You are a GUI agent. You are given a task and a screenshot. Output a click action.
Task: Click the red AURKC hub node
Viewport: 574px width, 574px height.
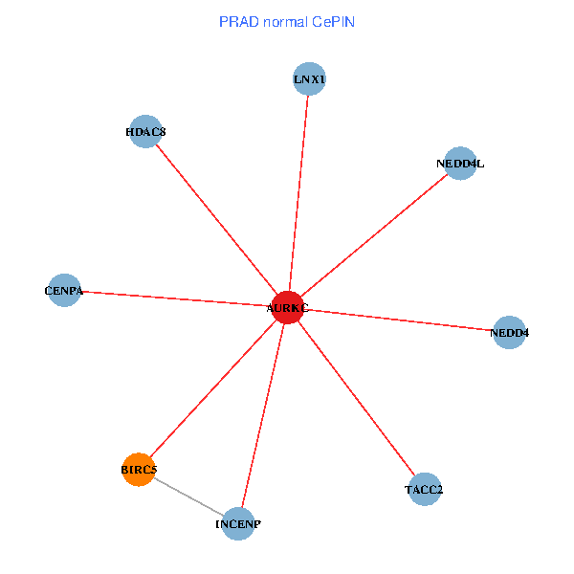tap(288, 307)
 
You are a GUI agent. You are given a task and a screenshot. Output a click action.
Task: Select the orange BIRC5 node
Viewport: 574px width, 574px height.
tap(139, 470)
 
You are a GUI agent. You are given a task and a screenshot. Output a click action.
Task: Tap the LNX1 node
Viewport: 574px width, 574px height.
tap(310, 79)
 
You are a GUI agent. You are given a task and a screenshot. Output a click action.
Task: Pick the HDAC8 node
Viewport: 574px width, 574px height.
tap(145, 131)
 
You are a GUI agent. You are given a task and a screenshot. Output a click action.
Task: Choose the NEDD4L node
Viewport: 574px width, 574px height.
tap(460, 164)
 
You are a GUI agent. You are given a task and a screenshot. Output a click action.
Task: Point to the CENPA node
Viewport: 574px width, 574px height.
tap(64, 290)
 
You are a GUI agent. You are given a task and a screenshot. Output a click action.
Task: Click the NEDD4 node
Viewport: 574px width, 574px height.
tap(509, 333)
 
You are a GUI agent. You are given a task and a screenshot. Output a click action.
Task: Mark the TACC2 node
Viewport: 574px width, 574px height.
tap(424, 490)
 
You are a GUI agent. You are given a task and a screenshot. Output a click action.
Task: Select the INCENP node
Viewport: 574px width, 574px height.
tap(238, 524)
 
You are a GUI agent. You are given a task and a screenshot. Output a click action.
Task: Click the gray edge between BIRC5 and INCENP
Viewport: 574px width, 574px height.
tap(188, 497)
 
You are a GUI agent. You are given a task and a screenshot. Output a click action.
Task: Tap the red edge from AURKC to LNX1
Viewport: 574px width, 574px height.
tap(298, 193)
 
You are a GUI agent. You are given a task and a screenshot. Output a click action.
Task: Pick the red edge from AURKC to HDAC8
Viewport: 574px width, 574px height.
tap(216, 219)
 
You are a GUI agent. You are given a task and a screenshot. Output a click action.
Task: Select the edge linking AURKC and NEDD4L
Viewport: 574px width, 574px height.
tap(374, 235)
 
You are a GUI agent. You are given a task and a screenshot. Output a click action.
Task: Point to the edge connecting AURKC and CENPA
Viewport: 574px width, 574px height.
tap(176, 298)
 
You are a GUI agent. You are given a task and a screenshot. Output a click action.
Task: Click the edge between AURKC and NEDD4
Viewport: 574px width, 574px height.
tap(398, 320)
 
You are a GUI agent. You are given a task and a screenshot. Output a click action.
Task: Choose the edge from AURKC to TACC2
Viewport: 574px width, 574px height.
tap(356, 398)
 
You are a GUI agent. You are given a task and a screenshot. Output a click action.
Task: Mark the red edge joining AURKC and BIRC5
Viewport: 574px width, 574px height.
tap(213, 388)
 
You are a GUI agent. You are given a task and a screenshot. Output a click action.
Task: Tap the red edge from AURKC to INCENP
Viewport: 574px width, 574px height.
tap(263, 415)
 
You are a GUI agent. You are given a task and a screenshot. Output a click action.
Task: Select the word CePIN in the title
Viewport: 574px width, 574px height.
tap(335, 21)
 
